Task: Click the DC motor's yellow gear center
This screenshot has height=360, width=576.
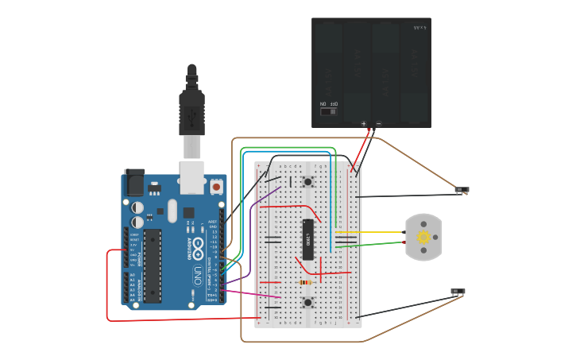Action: tap(423, 237)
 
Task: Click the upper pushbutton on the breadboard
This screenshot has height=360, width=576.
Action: tap(307, 181)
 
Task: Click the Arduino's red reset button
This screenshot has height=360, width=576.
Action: tap(216, 187)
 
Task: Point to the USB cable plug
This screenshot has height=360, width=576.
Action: tap(192, 111)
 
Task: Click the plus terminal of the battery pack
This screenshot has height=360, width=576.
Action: tap(364, 123)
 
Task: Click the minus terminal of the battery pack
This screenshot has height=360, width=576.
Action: tap(378, 123)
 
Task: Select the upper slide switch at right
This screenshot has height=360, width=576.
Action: tap(462, 190)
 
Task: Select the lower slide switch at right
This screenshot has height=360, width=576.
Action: tap(458, 292)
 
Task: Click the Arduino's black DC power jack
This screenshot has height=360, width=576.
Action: tap(133, 184)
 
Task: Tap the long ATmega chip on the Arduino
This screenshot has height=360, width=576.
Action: tap(152, 265)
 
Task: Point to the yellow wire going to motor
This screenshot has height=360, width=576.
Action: tap(373, 233)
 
